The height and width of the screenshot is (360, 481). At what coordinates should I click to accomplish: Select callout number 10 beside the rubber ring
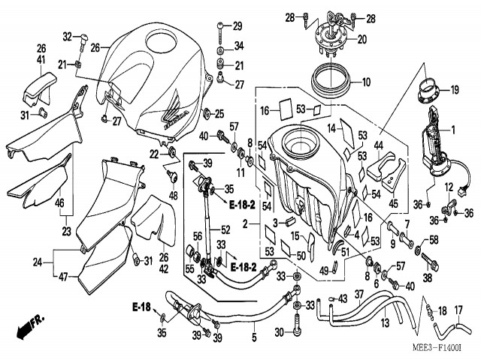point(366,82)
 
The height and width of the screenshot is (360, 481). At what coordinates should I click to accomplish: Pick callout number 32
point(67,36)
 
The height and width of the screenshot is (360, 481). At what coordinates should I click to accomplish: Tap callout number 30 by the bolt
point(279,332)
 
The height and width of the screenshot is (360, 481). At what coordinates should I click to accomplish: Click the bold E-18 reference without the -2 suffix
point(141,307)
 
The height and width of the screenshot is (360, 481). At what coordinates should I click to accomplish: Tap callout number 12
point(449,187)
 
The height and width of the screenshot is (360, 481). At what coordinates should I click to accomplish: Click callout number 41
point(42,58)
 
